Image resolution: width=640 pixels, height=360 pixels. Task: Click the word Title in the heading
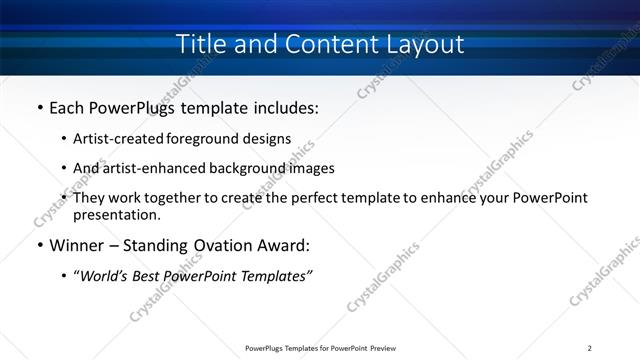(198, 45)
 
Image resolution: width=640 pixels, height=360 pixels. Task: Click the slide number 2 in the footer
(589, 348)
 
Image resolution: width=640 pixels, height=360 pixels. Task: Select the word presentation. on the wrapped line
(116, 215)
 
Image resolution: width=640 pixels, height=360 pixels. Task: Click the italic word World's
(104, 276)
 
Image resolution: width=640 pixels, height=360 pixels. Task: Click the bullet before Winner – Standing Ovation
(38, 245)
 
